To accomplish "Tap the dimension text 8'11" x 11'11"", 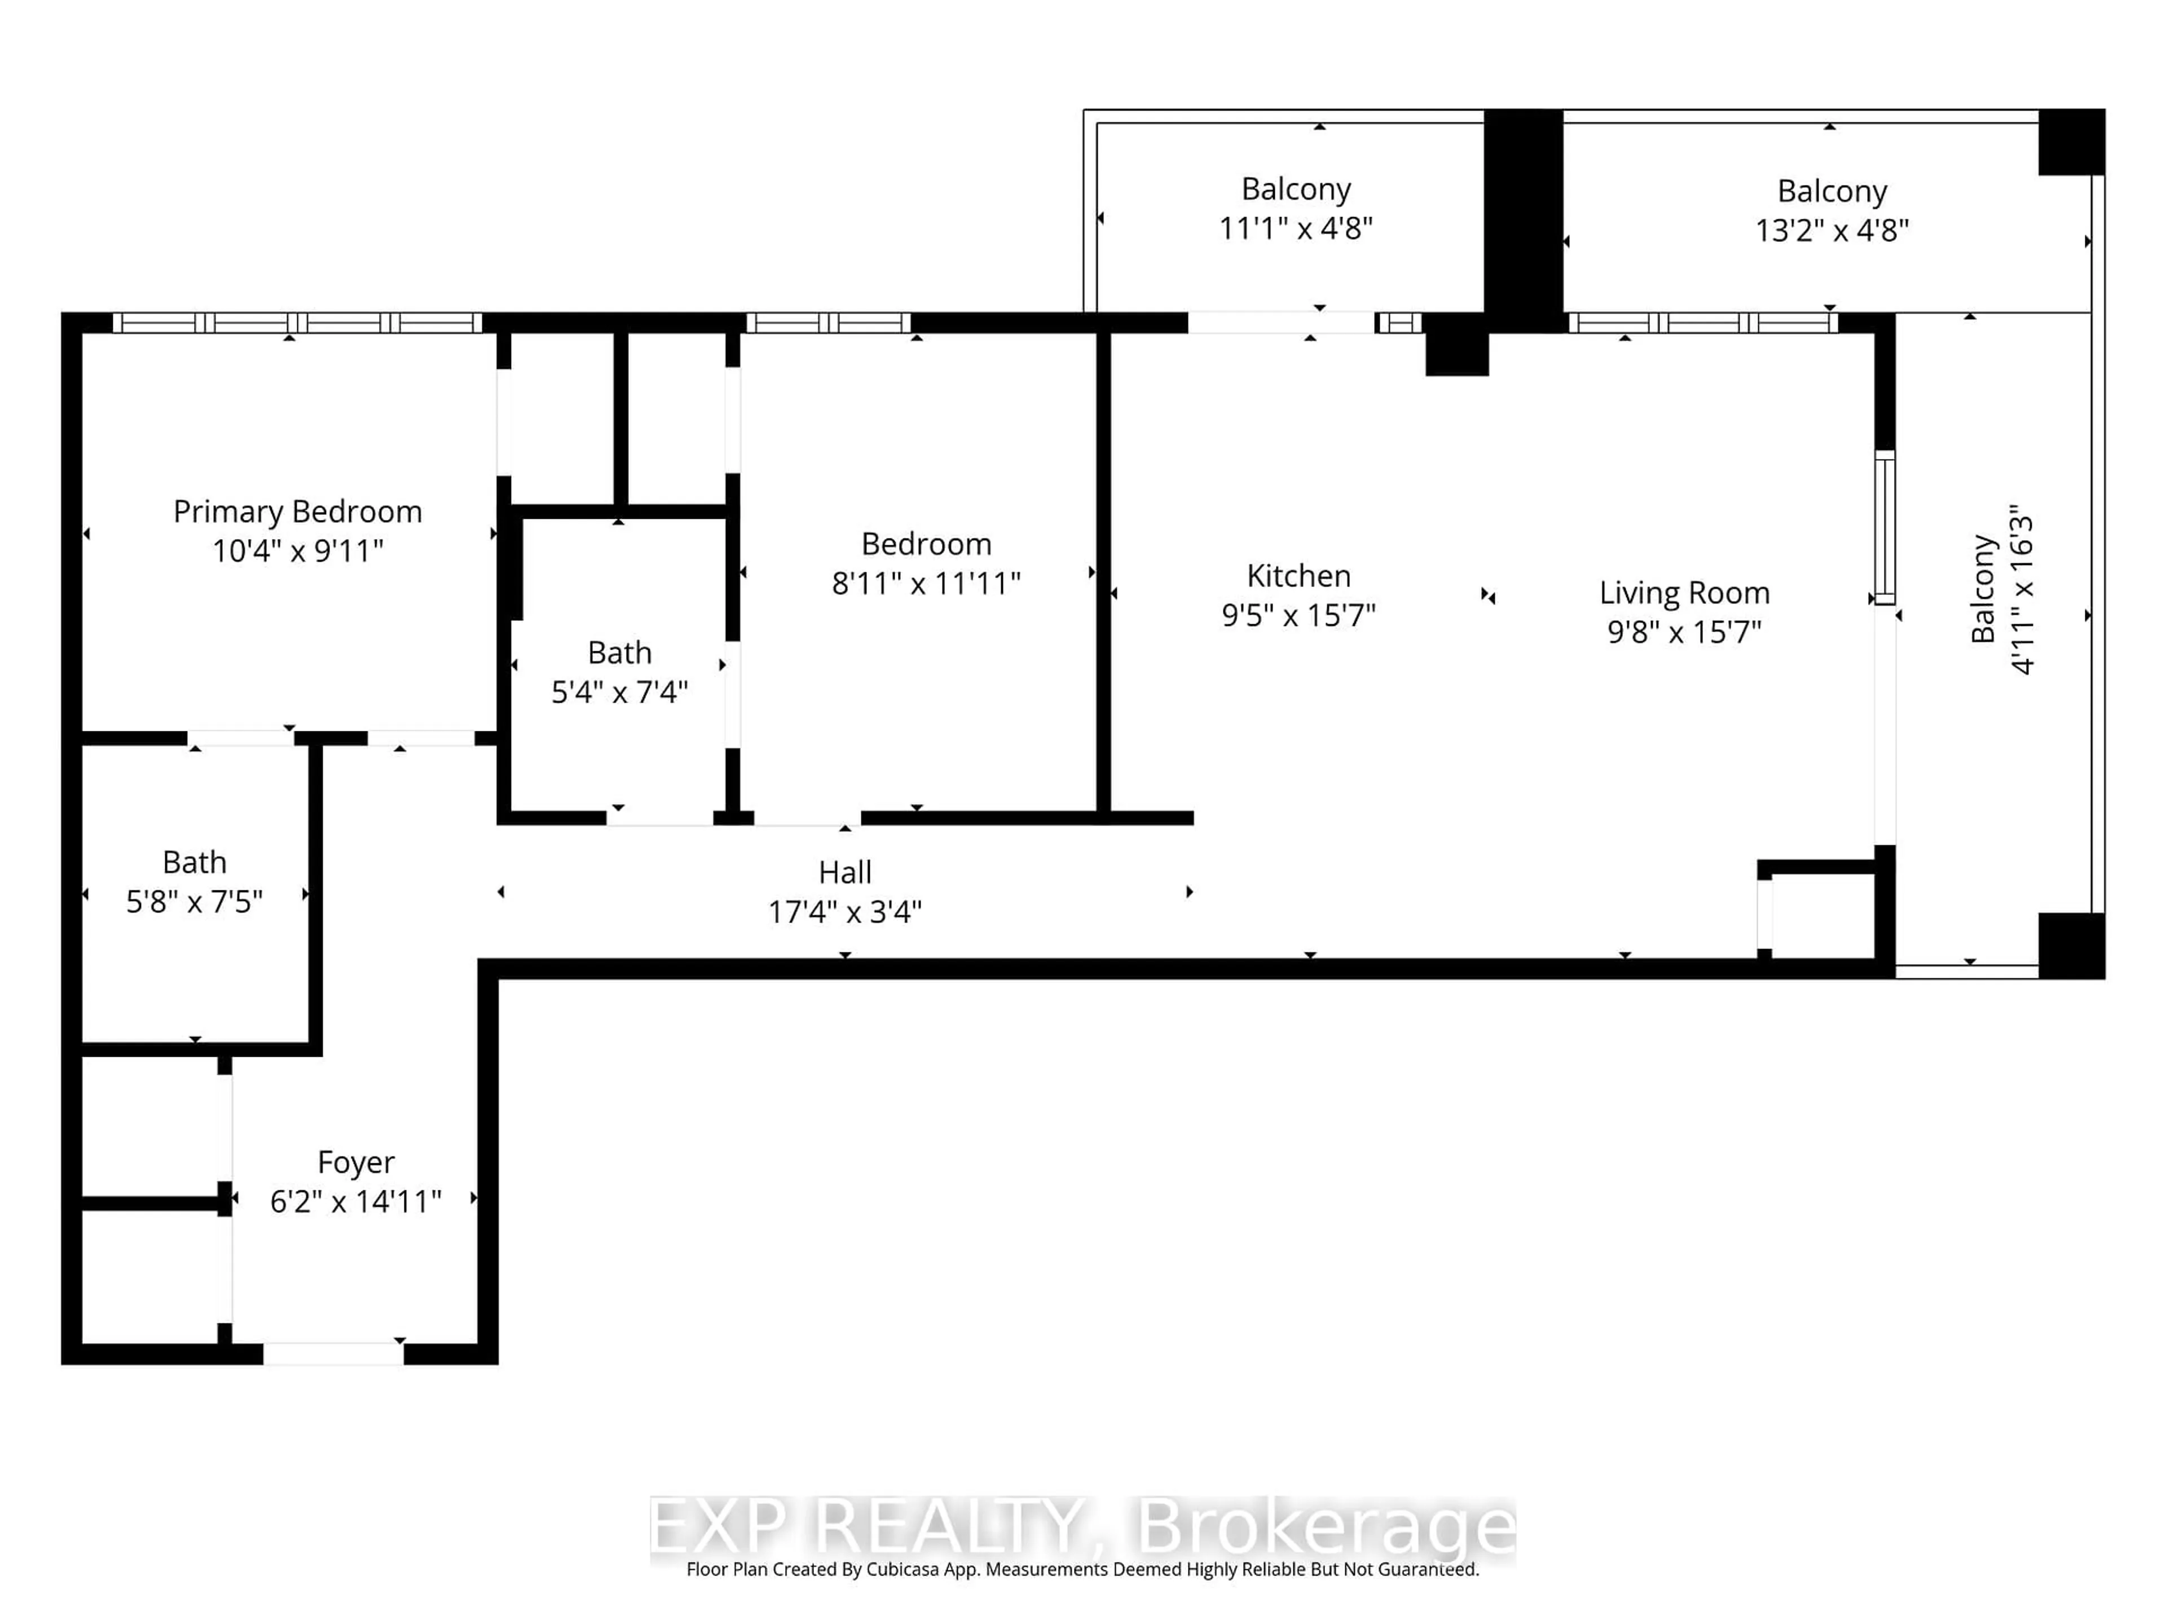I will tap(926, 584).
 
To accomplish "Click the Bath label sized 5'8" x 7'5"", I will tap(194, 862).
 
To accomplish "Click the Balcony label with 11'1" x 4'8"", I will tap(1296, 189).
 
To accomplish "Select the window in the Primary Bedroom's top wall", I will tap(297, 323).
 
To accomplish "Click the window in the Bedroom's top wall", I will tap(829, 323).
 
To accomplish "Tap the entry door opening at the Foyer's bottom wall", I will tap(333, 1354).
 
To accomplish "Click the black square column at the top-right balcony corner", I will tap(2071, 143).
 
